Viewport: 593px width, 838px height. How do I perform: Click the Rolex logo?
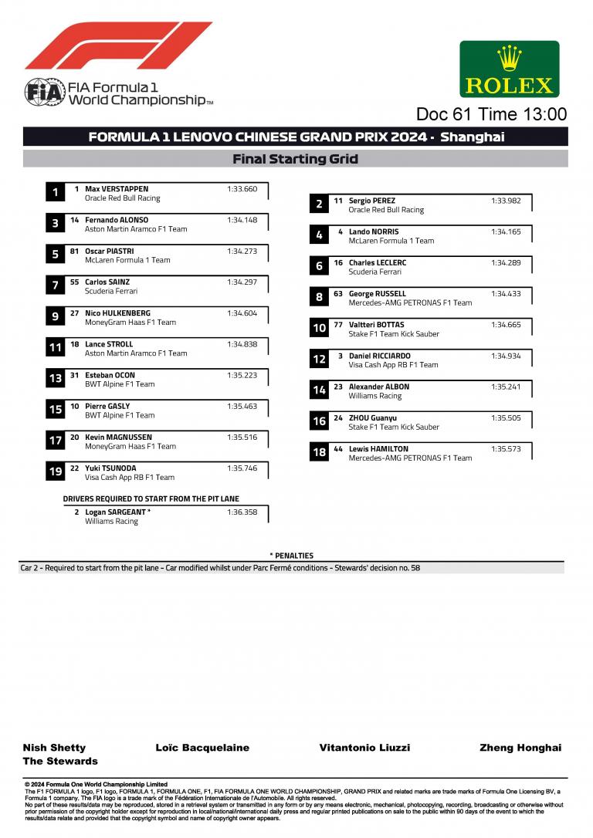(509, 69)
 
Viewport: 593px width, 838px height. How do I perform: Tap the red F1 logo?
(118, 46)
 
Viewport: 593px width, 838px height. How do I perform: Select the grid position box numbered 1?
(55, 193)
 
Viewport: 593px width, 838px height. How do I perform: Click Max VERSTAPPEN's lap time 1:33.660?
(242, 189)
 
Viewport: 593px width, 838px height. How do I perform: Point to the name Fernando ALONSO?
(117, 220)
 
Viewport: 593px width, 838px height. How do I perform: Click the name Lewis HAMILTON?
(378, 449)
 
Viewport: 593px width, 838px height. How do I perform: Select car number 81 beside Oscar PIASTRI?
(74, 251)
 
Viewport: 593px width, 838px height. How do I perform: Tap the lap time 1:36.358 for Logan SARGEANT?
(242, 512)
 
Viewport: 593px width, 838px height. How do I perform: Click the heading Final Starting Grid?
(296, 160)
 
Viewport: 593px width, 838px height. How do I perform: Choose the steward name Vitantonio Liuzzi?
(364, 748)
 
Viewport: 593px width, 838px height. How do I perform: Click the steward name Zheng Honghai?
(520, 748)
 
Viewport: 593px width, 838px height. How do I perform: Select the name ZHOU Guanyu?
(374, 418)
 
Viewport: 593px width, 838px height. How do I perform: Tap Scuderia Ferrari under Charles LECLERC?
(374, 272)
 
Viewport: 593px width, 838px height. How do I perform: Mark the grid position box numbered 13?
(55, 379)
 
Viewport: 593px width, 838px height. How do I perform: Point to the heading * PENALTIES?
(291, 556)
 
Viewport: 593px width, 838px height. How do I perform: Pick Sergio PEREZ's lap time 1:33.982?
(506, 201)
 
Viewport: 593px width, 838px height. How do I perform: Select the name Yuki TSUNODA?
(110, 468)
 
